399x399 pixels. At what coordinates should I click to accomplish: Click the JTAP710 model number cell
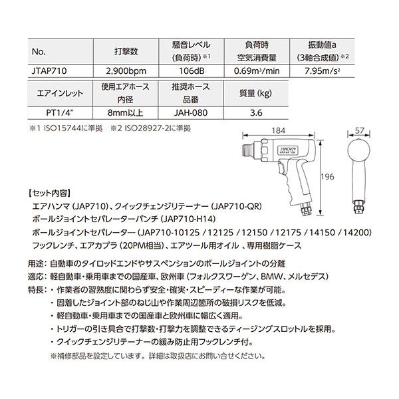50,68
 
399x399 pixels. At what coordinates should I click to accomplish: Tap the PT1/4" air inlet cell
50,113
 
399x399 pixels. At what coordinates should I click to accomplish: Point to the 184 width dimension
279,130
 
